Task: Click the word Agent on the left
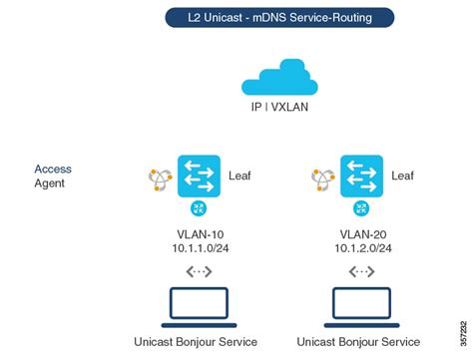[49, 184]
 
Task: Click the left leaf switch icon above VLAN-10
[199, 176]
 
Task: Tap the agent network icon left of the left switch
[160, 179]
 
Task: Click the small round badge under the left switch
[199, 209]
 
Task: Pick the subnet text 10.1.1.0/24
[200, 248]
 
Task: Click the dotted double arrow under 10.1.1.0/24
[200, 270]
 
